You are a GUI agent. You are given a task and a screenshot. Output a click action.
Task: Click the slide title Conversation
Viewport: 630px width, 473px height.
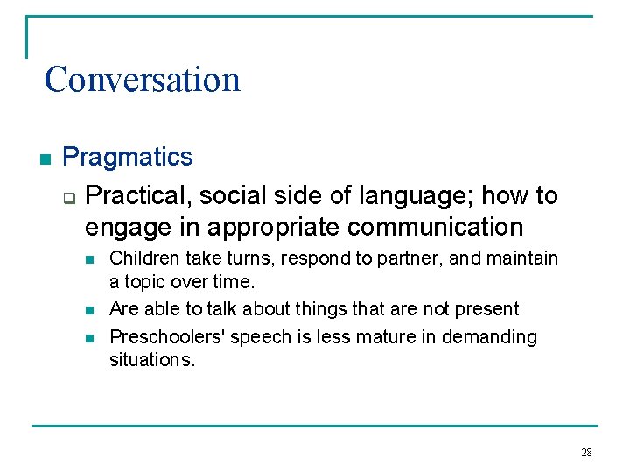pyautogui.click(x=142, y=79)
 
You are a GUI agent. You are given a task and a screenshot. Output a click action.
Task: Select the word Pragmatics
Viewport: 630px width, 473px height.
pyautogui.click(x=128, y=158)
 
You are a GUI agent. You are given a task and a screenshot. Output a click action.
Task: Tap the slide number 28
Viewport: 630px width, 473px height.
pyautogui.click(x=586, y=453)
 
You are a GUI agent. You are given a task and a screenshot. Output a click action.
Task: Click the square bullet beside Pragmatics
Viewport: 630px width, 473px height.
pyautogui.click(x=45, y=159)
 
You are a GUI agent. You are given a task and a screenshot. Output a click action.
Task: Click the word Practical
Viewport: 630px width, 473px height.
pyautogui.click(x=133, y=195)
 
